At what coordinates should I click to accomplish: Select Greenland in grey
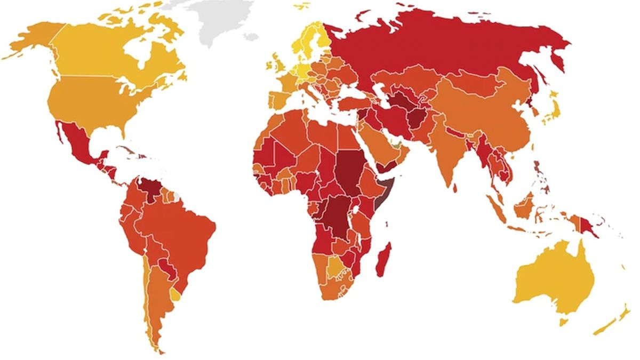point(224,19)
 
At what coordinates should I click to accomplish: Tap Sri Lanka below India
point(454,188)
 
